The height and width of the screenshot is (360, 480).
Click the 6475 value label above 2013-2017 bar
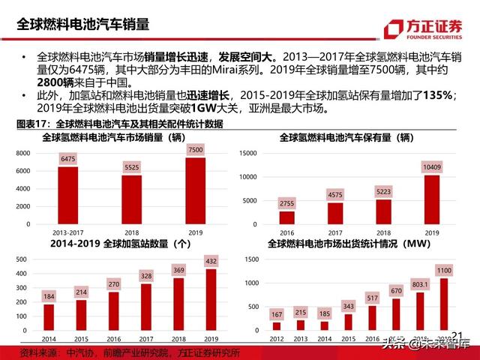click(67, 159)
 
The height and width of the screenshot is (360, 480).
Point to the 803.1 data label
click(424, 285)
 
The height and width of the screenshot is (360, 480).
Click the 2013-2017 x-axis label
click(67, 233)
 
